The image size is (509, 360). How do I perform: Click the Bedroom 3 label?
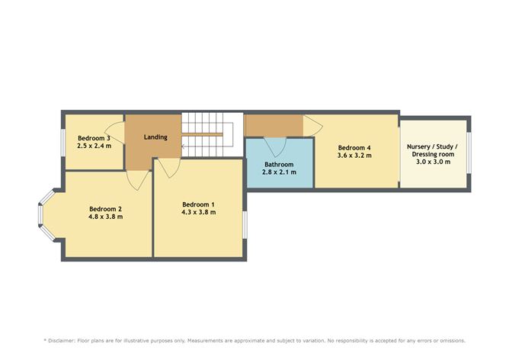coord(94,138)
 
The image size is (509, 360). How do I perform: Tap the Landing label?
coord(155,137)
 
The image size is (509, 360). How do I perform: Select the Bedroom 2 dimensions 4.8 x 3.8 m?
coord(105,217)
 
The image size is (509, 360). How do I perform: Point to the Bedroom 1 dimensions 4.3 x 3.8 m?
coord(198,212)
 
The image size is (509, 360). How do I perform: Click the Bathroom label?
coord(279,165)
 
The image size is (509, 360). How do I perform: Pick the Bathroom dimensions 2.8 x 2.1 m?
coord(279,172)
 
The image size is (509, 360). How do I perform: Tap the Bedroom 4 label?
coord(354,148)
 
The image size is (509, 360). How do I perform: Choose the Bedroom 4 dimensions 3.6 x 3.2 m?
coord(354,156)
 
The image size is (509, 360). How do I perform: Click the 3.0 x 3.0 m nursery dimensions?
coord(433,162)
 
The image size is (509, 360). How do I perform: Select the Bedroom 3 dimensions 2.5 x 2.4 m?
coord(94,146)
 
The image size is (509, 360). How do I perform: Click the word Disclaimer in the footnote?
coord(62,341)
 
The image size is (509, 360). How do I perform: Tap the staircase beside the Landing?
coord(212,134)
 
